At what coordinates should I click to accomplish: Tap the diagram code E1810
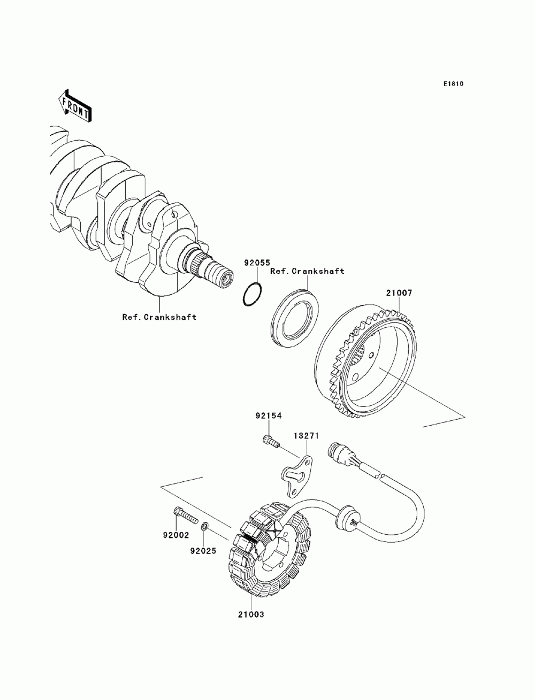click(453, 84)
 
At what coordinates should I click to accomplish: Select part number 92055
click(256, 263)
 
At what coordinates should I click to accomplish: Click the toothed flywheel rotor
click(369, 364)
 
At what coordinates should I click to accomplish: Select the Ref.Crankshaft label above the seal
click(307, 272)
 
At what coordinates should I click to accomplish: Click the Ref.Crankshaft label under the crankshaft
click(159, 317)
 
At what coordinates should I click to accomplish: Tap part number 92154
click(268, 415)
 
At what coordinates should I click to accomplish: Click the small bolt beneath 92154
click(271, 441)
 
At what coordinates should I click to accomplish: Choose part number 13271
click(306, 436)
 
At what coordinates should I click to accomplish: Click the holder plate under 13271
click(298, 473)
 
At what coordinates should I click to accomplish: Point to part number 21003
click(251, 614)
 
